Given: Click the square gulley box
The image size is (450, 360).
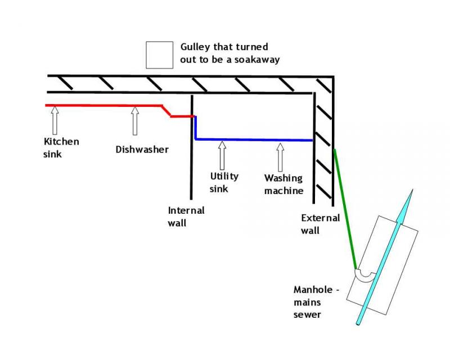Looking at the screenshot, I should coord(159,55).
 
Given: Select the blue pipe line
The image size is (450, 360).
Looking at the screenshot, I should coord(253,139).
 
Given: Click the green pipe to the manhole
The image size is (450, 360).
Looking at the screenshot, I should coord(345,208).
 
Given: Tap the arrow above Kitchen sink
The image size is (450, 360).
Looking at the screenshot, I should coord(55,121).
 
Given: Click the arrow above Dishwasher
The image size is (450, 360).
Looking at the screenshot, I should coord(134,121).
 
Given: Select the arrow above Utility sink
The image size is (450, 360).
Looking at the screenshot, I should coord(222,155).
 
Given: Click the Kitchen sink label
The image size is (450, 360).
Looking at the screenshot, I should coord(61,147).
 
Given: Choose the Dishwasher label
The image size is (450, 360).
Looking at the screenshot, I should coord(142,150).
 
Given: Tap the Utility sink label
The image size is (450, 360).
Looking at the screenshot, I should coord(224,182).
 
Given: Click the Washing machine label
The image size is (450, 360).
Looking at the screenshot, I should coord(283,184).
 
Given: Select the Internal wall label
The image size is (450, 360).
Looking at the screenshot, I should coord(186,217).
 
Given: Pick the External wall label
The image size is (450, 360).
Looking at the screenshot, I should coord(320,224).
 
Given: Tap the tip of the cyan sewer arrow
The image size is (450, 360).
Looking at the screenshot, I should coord(412,191).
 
